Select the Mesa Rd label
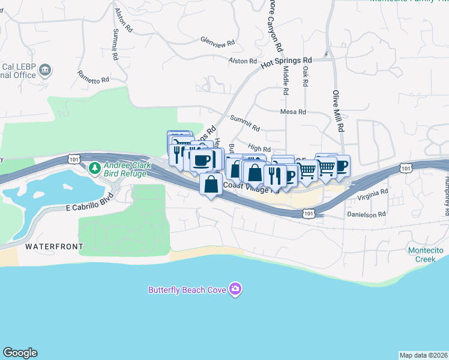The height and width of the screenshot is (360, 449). tap(294, 112)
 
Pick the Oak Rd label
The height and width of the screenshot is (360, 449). tap(306, 75)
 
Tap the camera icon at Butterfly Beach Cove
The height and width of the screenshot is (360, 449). tap(235, 290)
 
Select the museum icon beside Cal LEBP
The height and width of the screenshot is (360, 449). tap(46, 72)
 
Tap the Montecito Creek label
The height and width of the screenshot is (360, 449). tap(426, 254)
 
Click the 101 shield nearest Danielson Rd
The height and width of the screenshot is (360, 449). tap(309, 213)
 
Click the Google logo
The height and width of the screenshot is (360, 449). tap(20, 353)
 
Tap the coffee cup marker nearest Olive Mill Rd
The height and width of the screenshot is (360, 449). tap(340, 165)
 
